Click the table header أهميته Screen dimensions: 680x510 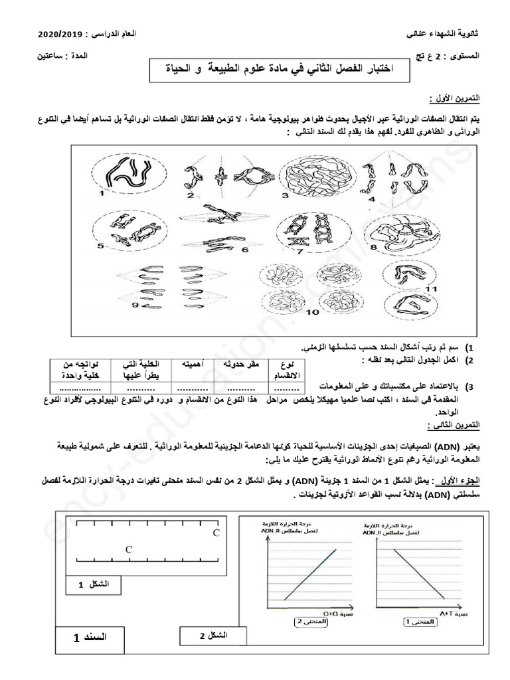point(189,365)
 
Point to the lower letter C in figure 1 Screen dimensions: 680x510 point(129,549)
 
